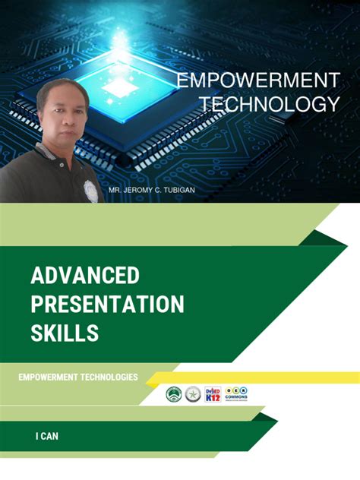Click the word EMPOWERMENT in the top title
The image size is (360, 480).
[257, 81]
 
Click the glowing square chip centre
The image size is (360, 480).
[120, 85]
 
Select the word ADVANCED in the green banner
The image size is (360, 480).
[85, 275]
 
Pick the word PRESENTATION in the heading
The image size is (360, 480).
[107, 304]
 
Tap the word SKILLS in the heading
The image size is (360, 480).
[65, 333]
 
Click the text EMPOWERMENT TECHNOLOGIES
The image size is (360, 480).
[78, 377]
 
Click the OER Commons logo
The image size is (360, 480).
[236, 393]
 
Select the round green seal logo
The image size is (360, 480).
[174, 394]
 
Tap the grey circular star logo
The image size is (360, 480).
[193, 394]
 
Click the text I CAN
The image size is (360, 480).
[46, 436]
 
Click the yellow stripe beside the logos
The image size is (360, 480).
[304, 377]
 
